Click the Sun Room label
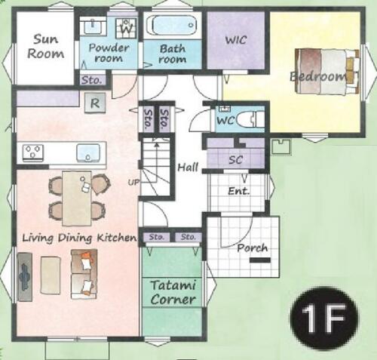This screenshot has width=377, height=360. (45, 47)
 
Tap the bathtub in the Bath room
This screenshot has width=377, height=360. (173, 26)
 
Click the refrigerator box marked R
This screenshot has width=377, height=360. (95, 103)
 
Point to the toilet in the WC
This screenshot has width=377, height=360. (250, 119)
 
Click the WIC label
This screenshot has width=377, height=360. (236, 40)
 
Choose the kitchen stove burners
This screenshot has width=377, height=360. (33, 152)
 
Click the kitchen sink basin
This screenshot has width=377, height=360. (88, 152)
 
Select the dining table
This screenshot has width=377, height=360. (77, 198)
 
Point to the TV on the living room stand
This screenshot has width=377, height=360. (25, 277)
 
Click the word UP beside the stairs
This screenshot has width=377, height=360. (133, 182)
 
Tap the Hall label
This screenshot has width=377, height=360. (188, 167)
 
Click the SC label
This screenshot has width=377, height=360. (235, 159)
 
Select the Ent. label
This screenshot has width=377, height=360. (239, 191)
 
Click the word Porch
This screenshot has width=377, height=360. (253, 248)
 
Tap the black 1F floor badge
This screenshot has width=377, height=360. (323, 317)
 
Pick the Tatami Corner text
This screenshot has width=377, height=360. (173, 292)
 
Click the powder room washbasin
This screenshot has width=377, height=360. (93, 26)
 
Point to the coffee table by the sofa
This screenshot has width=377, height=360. (51, 275)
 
